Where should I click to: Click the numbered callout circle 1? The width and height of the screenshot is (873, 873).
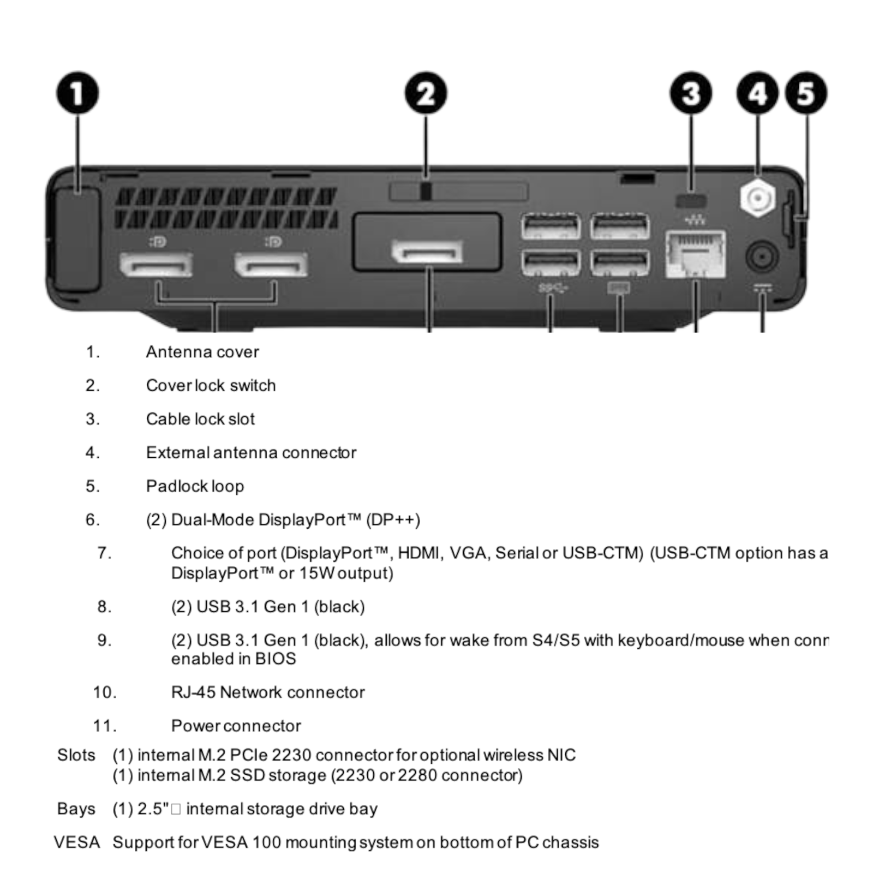[77, 93]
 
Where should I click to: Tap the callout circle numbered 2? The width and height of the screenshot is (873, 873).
[426, 93]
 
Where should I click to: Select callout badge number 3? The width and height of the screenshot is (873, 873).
[691, 93]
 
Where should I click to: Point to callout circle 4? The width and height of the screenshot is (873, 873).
[757, 93]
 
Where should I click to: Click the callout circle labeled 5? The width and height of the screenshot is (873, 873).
[806, 93]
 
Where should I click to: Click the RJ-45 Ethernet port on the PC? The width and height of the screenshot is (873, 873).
[696, 255]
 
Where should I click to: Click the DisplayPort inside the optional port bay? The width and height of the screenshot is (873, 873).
[427, 252]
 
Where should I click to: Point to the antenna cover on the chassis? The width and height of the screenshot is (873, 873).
[77, 240]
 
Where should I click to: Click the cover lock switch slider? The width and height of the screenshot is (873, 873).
[426, 192]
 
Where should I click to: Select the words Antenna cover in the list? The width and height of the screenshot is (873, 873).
[202, 352]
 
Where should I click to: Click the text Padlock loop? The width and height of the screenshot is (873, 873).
[195, 486]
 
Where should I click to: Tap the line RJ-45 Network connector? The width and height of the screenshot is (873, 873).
[267, 692]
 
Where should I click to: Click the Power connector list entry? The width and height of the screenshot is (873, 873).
[236, 726]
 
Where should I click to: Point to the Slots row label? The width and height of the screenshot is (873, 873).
[76, 755]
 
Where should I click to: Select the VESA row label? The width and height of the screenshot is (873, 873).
[77, 842]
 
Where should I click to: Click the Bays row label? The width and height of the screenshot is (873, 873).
[76, 809]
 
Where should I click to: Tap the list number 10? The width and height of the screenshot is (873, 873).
[104, 692]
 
